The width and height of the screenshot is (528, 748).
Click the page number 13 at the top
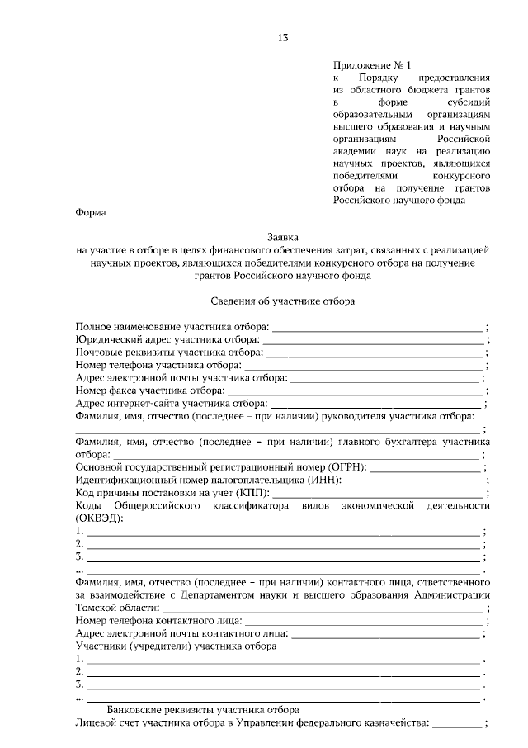[x=282, y=38]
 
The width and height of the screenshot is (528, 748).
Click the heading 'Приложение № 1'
[x=371, y=64]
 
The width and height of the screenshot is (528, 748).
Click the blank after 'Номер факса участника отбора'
[x=356, y=391]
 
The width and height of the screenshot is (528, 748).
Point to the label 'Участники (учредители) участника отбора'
[x=175, y=646]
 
